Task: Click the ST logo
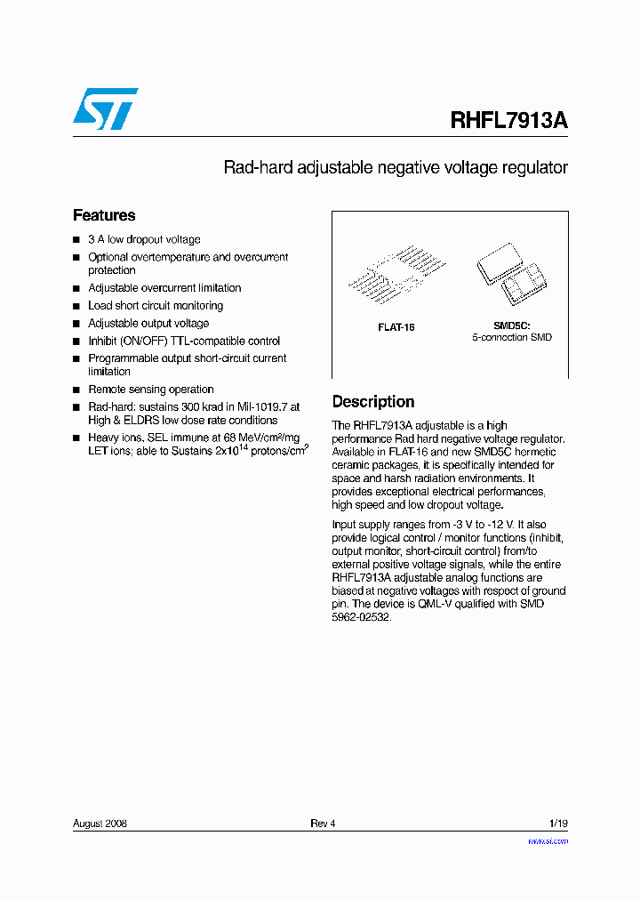point(105,109)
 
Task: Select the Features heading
point(104,215)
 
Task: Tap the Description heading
point(373,402)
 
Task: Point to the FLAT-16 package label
point(396,327)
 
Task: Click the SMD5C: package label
point(511,326)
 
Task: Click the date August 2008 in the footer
point(100,824)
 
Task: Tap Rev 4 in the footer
point(323,824)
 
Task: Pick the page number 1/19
point(557,824)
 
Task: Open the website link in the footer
point(548,840)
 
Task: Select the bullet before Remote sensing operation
point(76,390)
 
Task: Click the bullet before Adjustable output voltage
point(76,324)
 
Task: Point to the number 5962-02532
point(361,617)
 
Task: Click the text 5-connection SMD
point(511,338)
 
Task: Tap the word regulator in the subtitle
point(536,167)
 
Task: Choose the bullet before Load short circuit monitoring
point(76,306)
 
